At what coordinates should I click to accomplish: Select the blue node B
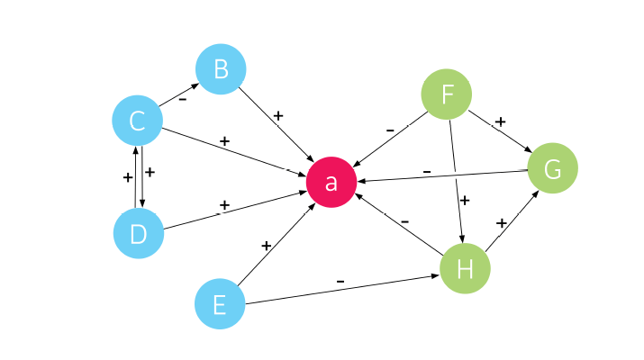221,69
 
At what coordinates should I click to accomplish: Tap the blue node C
137,120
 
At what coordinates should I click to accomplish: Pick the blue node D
138,233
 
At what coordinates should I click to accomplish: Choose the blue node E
220,304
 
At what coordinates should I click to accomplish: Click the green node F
447,94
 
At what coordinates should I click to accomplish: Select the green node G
552,168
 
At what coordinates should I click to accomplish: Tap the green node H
465,269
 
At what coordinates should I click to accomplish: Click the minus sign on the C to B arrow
183,100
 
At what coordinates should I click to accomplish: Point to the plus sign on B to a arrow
277,115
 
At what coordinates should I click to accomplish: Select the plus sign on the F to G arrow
500,121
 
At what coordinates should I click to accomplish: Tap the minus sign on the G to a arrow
427,170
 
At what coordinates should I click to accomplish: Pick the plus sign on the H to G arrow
502,222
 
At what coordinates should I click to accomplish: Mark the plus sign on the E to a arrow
266,245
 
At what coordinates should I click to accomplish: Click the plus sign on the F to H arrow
465,200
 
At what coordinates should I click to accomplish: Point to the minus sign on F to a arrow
390,130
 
